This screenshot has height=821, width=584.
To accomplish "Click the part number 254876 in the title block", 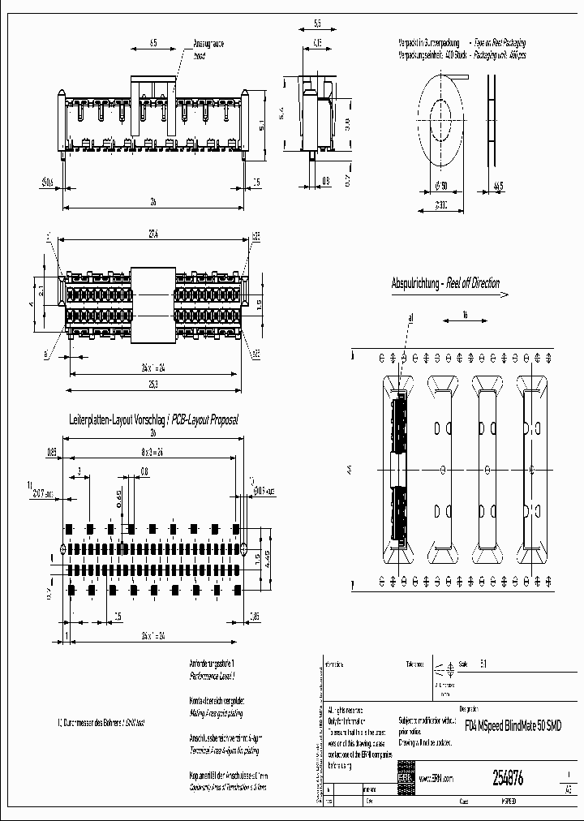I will coord(508,778).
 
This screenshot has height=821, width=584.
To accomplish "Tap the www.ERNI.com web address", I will coord(436,777).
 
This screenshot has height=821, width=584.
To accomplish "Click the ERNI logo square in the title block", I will coord(404,776).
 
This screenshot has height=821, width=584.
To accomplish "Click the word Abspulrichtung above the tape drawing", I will coord(415,284).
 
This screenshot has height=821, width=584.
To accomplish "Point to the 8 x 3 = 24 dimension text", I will coord(152,452).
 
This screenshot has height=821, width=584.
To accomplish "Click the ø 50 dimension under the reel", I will coord(440,186).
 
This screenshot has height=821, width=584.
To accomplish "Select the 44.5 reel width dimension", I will coord(498,186).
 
